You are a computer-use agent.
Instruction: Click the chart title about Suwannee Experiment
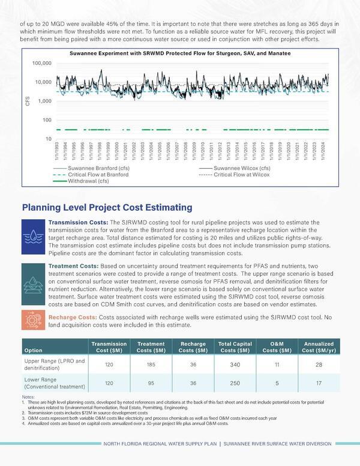pyautogui.click(x=179, y=54)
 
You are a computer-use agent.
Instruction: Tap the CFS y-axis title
pyautogui.click(x=28, y=101)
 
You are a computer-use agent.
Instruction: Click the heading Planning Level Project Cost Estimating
pyautogui.click(x=107, y=208)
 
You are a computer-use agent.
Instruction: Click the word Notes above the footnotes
pyautogui.click(x=28, y=397)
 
